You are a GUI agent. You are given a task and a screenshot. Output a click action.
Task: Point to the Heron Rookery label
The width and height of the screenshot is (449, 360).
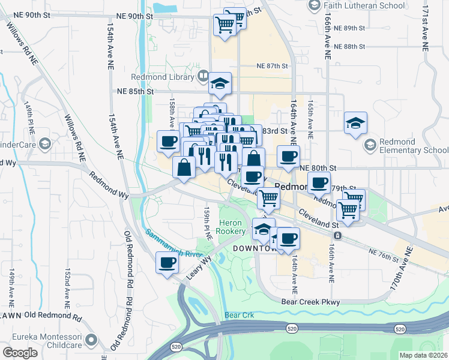click(x=232, y=227)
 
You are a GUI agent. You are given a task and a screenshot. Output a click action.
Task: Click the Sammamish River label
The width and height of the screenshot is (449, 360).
click(x=172, y=243)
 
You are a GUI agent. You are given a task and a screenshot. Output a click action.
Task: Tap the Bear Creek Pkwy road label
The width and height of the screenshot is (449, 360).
click(x=310, y=302)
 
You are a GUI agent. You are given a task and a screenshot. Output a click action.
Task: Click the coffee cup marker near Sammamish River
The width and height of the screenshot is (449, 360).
click(x=167, y=262)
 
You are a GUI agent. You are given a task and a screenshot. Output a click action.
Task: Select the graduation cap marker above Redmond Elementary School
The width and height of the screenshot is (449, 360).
click(x=356, y=122)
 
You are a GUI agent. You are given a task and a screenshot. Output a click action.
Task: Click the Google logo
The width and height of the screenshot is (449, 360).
click(x=20, y=353)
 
